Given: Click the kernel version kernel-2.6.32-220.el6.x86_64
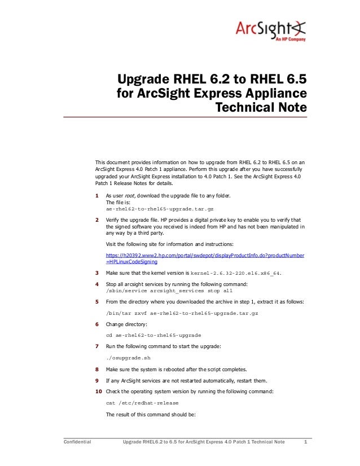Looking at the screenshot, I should (236, 273).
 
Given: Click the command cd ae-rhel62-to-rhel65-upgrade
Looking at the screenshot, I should (153, 335).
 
